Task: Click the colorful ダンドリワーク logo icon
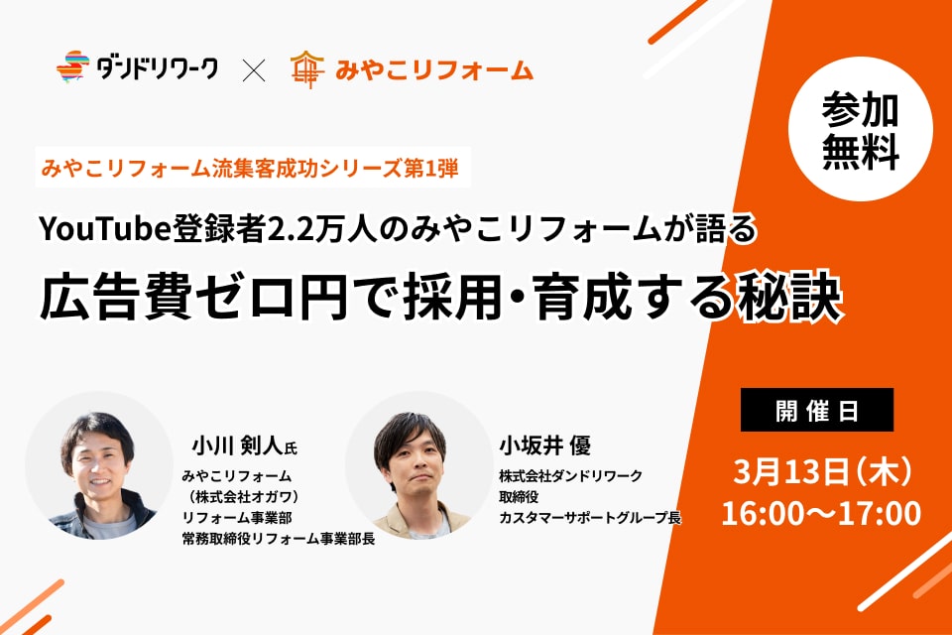point(72,66)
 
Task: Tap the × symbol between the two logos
point(254,69)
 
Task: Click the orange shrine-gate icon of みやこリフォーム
point(307,69)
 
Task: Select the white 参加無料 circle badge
point(861,129)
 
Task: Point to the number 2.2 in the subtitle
point(291,229)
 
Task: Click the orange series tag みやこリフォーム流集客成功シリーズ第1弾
point(250,167)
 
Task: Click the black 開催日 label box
point(816,410)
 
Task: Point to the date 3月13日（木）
point(822,471)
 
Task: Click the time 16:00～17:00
point(821,514)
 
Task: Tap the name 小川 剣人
point(237,445)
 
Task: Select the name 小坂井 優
point(544,445)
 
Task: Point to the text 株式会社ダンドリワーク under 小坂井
point(571,476)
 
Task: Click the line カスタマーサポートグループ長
point(590,518)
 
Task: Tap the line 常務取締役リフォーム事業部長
point(279,539)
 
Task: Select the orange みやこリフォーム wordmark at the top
point(434,70)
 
